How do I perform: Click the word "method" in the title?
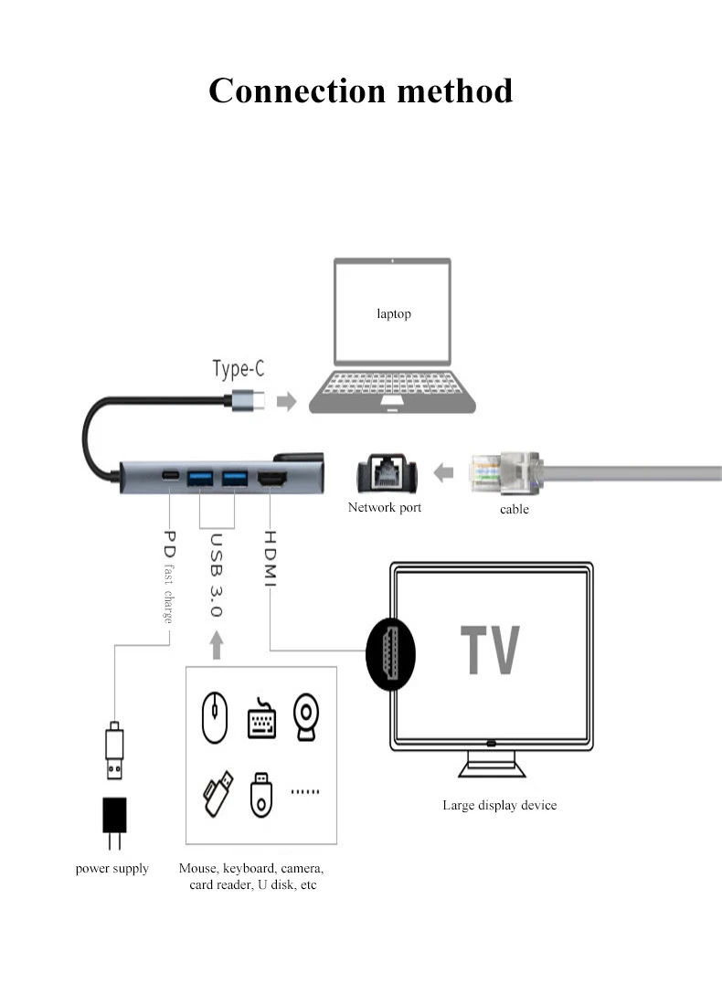point(454,90)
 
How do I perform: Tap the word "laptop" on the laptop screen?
point(394,313)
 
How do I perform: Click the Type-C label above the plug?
point(238,368)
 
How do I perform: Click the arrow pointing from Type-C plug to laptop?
point(287,401)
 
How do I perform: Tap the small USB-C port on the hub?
point(170,476)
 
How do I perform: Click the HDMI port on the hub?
point(271,478)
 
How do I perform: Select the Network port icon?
point(387,474)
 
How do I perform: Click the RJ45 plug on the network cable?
point(506,473)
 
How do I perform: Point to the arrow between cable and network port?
point(443,473)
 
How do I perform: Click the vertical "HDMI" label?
point(270,558)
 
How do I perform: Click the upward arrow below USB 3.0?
point(217,645)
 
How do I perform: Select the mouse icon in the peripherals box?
point(215,716)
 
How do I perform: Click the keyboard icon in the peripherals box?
point(261,718)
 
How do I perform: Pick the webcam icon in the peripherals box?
point(306,716)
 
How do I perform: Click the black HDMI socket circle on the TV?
point(390,654)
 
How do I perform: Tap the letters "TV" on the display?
point(490,650)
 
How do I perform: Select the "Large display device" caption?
point(500,806)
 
